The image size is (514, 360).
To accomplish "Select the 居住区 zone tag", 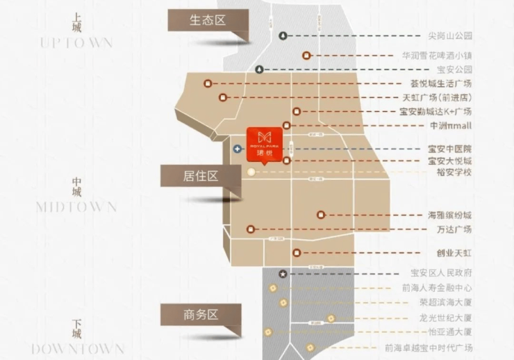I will [200, 176].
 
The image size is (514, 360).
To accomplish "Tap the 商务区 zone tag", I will [200, 314].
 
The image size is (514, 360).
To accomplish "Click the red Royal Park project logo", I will [265, 142].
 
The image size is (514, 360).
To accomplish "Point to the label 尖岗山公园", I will [450, 35].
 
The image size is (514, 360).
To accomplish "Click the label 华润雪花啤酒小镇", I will [437, 56].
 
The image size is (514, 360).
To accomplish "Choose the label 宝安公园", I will [454, 69].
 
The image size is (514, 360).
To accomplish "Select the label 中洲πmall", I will [450, 126].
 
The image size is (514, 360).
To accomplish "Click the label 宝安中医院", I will [450, 149].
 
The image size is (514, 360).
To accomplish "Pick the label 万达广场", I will [454, 229].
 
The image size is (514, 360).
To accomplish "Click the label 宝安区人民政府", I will [442, 273].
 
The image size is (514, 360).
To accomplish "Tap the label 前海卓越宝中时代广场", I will [429, 347].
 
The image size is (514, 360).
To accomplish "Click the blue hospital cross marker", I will [238, 149].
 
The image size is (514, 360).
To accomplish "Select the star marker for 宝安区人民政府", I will [283, 274].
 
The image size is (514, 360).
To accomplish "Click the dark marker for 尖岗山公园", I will [283, 35].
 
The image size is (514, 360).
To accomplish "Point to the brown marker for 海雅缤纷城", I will [320, 215].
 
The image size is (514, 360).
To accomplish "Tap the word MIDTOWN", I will [76, 207].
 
